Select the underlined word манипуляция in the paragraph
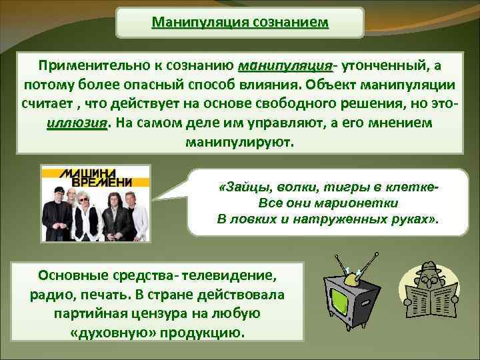click(285, 67)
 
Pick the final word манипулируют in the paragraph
click(239, 143)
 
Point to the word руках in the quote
click(413, 218)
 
